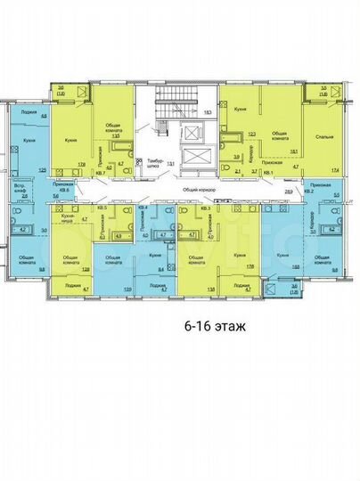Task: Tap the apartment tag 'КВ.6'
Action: [63, 190]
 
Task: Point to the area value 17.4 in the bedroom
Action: [336, 169]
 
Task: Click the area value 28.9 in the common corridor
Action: [288, 192]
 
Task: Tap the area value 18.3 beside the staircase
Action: [207, 112]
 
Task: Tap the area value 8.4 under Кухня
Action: [160, 266]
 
